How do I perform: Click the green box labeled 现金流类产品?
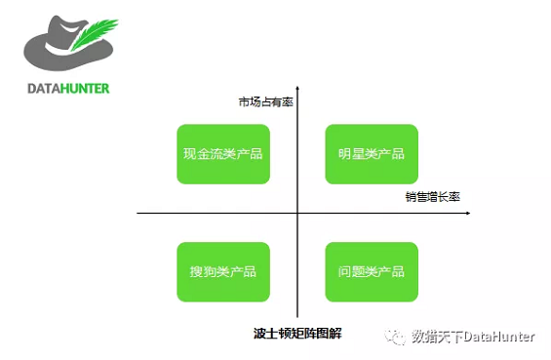[x=222, y=154]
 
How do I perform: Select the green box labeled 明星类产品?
[x=371, y=154]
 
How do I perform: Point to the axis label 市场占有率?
[x=265, y=101]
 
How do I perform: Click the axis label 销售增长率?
[x=433, y=196]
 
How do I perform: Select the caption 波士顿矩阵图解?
[x=296, y=333]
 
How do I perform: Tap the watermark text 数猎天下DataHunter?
[x=473, y=337]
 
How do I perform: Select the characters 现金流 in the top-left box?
[x=202, y=154]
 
